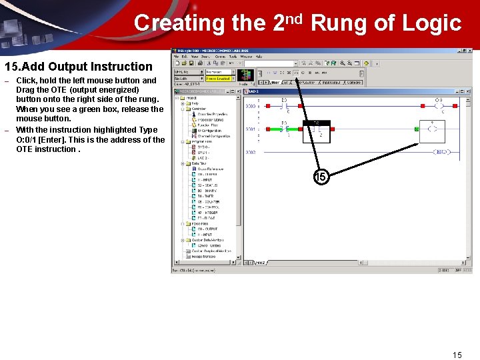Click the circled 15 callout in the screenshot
[x=321, y=177]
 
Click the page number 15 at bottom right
[x=457, y=355]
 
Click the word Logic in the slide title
[x=431, y=23]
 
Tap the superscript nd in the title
[x=297, y=17]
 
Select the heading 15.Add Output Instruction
[x=79, y=67]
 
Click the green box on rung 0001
[x=417, y=129]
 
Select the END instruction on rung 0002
[x=441, y=152]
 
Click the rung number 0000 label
[x=251, y=106]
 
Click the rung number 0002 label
[x=251, y=153]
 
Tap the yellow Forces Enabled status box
[x=218, y=79]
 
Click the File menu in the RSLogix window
[x=177, y=57]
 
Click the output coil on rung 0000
[x=439, y=105]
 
